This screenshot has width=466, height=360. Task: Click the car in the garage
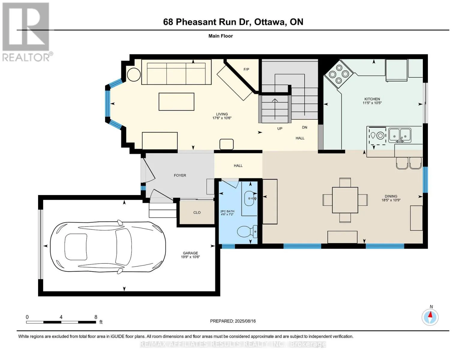108,247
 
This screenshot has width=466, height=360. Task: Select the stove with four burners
338,74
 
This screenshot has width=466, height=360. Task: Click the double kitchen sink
400,135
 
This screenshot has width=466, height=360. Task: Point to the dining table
345,200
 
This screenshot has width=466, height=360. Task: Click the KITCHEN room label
372,99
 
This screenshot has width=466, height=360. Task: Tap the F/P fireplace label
246,69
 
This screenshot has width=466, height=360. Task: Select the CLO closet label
197,212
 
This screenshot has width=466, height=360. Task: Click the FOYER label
180,175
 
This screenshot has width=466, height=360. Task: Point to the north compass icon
430,317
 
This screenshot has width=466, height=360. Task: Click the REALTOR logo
26,32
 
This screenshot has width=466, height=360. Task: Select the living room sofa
176,72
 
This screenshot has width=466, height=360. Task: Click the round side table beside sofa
134,74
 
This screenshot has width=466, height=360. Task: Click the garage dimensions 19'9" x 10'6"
190,257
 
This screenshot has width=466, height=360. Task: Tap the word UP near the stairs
280,128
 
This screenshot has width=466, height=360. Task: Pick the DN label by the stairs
305,127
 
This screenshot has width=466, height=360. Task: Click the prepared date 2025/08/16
245,321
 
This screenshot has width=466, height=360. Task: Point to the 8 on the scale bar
96,317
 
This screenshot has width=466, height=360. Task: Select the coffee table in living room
176,102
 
